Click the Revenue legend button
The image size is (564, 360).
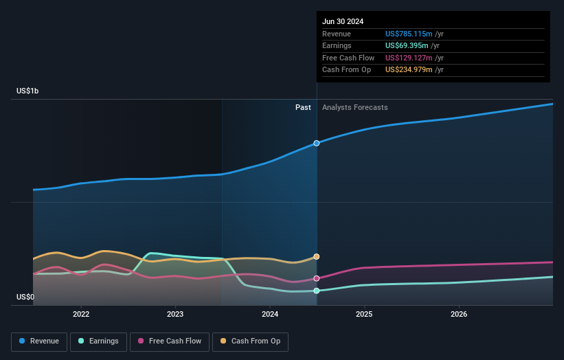(40, 341)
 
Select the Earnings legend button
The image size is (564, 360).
(98, 341)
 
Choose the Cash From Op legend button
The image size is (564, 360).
(251, 341)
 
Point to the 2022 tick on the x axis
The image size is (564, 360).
(81, 314)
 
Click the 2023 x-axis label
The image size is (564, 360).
(175, 314)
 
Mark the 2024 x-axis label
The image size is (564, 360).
(270, 314)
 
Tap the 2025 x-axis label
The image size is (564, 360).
(364, 314)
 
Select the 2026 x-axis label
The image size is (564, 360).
(459, 314)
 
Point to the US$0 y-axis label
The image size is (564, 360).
(25, 297)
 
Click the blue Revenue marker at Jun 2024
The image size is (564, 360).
(317, 144)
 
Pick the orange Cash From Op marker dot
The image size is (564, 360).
(317, 257)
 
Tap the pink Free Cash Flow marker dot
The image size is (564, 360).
(317, 278)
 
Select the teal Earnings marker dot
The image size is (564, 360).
(317, 291)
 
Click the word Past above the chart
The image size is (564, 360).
(303, 108)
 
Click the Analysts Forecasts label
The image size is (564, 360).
(354, 108)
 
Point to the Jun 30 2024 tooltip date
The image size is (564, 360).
(343, 21)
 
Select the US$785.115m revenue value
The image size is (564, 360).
(409, 34)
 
